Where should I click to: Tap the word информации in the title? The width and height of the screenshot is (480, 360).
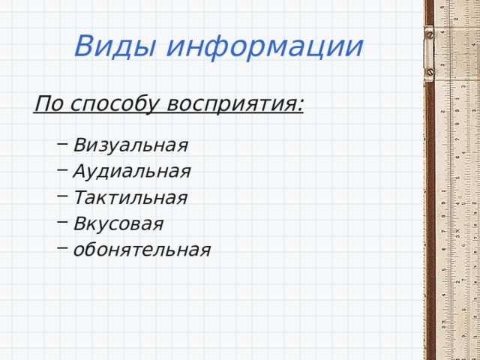pos(265,46)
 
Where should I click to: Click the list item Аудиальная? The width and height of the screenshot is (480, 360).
pos(132,171)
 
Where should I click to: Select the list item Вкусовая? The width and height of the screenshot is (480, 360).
pos(118,223)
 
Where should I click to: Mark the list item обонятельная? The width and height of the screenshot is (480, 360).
pos(142,250)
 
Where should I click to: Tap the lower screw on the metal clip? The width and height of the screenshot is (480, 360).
pos(429,73)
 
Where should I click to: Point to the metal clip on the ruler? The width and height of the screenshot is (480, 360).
pos(429,54)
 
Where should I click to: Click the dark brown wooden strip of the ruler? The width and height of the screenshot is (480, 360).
pos(430,210)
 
